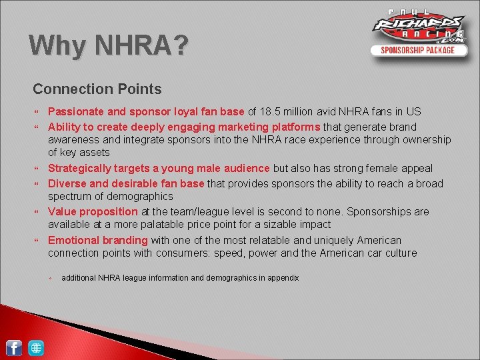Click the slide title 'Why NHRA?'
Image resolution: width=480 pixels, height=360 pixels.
point(109,46)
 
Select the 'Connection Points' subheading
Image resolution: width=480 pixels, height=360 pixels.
point(97,89)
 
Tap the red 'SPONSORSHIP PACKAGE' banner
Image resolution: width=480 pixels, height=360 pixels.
point(418,50)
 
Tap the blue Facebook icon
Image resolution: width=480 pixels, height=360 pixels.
point(14,347)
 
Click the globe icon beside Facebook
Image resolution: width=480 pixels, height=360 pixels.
point(36,347)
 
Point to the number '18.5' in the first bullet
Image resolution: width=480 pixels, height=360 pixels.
point(272,112)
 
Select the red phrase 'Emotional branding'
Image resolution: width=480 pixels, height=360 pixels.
point(98,240)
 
